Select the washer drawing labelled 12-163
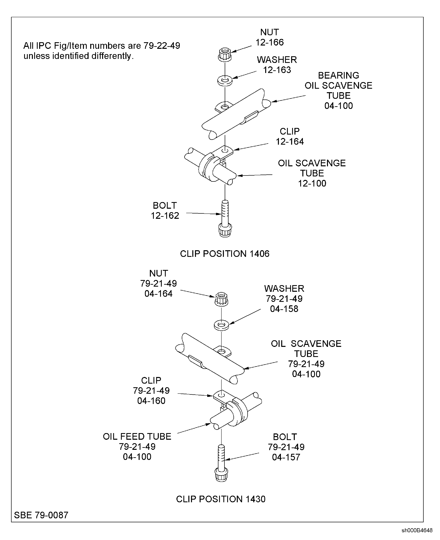225,81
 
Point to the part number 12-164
290,142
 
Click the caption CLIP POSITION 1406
225,254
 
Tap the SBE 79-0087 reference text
41,515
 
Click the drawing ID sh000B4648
417,531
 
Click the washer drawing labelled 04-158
221,325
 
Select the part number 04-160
151,401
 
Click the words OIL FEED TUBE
137,436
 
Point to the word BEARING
338,75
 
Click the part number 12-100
312,183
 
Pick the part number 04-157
286,457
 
